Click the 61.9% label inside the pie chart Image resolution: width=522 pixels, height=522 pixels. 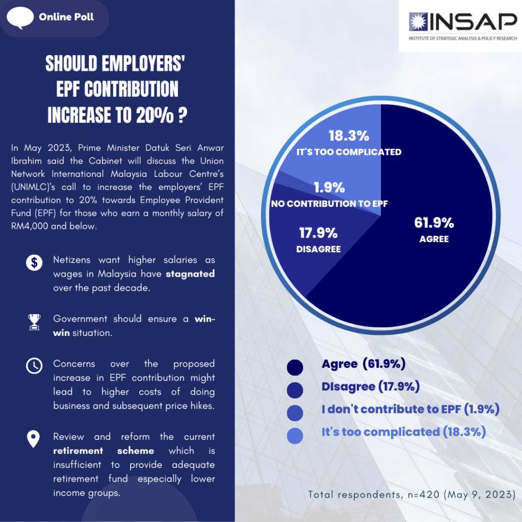(434, 223)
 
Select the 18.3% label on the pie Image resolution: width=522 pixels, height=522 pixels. (349, 136)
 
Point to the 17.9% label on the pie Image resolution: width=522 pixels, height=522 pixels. (318, 233)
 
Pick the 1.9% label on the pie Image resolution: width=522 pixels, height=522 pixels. (329, 188)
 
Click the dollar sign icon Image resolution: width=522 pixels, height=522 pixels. (34, 263)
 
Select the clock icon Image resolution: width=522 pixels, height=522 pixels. (34, 366)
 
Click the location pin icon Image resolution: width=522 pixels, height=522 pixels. (34, 439)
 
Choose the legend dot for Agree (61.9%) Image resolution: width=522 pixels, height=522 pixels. (295, 368)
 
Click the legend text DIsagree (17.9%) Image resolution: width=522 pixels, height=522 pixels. (371, 386)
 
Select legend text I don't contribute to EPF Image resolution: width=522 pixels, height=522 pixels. (410, 409)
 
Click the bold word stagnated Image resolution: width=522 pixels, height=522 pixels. (190, 274)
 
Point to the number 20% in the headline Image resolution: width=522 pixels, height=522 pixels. (154, 116)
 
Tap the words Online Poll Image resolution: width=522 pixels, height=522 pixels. (66, 17)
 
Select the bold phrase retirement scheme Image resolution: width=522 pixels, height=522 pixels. (104, 451)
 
